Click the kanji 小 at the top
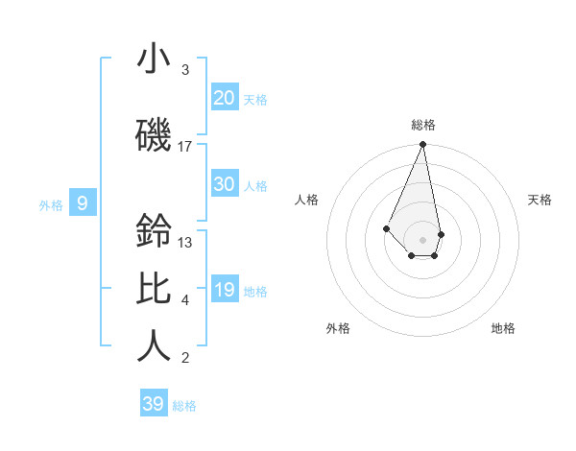coord(154,59)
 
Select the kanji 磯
coord(154,135)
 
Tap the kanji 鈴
coord(154,231)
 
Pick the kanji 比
coord(154,289)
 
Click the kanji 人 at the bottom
coord(154,346)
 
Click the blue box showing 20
coord(225,97)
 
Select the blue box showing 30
coord(225,184)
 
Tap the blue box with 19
coord(225,290)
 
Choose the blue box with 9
coord(84,202)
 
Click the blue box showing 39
coord(154,404)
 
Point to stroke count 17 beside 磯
coord(185,147)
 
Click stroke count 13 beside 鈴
coord(185,243)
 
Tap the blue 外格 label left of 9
coord(51,204)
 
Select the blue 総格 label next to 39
coord(184,406)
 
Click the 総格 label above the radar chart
coord(423,125)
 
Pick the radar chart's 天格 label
coord(540,200)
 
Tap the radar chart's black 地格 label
coord(503,328)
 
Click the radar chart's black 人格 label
coord(306,200)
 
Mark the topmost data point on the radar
coord(422,145)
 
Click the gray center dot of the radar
coord(422,239)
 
